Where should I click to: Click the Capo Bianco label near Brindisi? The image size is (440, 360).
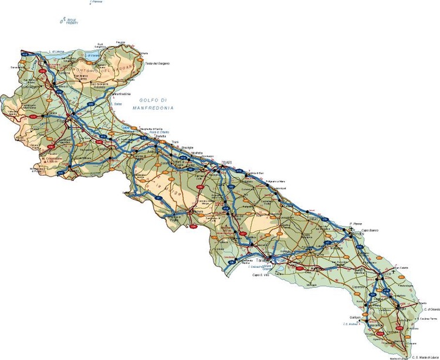tap(368, 230)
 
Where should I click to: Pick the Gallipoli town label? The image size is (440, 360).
tap(354, 318)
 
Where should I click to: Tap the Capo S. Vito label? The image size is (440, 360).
tap(260, 274)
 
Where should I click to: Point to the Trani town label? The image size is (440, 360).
tap(174, 142)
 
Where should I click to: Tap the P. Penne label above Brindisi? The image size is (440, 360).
tap(354, 223)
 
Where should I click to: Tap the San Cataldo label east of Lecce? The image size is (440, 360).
tap(400, 268)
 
